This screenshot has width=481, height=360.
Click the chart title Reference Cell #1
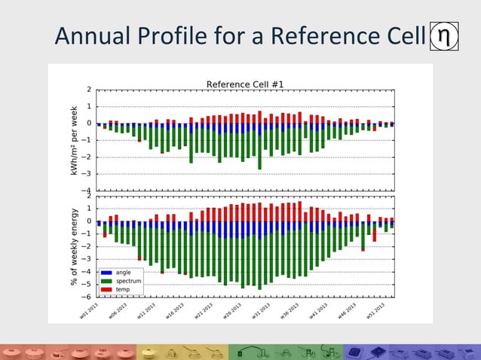coord(245,83)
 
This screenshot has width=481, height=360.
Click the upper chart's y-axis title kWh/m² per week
coord(74,140)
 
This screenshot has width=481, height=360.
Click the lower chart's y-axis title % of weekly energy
coord(74,246)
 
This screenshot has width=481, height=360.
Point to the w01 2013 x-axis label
coord(89,310)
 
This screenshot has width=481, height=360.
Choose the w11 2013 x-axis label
coord(147,310)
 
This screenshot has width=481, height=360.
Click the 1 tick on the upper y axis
coord(89,106)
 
